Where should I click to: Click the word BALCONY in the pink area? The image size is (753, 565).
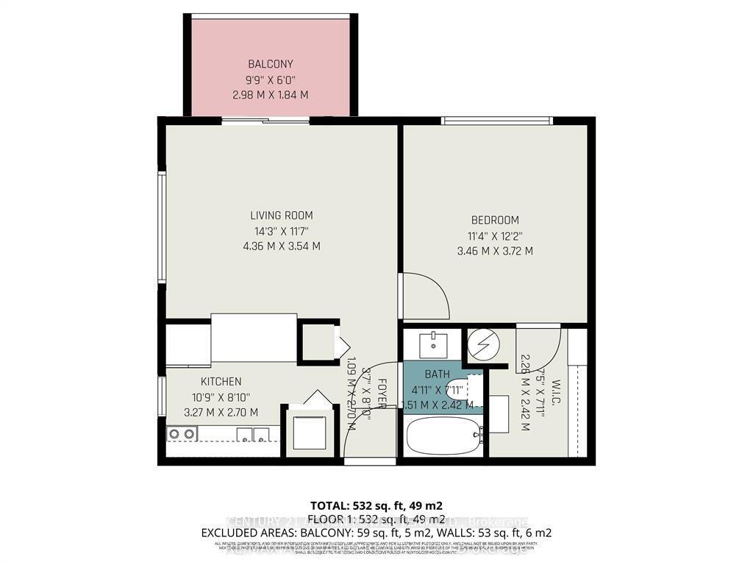pos(270,63)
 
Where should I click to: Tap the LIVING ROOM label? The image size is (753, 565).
pos(281,216)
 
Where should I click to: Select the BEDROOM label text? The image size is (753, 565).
pos(495,220)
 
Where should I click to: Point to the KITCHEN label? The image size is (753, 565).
pos(221,381)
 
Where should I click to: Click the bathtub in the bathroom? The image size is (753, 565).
pos(440,437)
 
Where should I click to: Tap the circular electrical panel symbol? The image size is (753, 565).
pos(484,343)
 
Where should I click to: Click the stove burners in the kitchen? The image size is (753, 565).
pos(181,434)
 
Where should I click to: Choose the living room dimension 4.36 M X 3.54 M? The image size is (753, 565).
pos(281,246)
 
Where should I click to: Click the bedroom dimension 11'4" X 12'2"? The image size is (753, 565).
pos(495,235)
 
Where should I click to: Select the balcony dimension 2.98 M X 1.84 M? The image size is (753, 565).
pos(270,94)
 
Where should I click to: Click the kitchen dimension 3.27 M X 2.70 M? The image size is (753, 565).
pos(221,412)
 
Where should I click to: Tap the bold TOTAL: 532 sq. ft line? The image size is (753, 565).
pos(376,506)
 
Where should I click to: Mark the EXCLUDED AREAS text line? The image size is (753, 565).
pos(376,533)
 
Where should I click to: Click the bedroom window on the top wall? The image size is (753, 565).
pos(496,120)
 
